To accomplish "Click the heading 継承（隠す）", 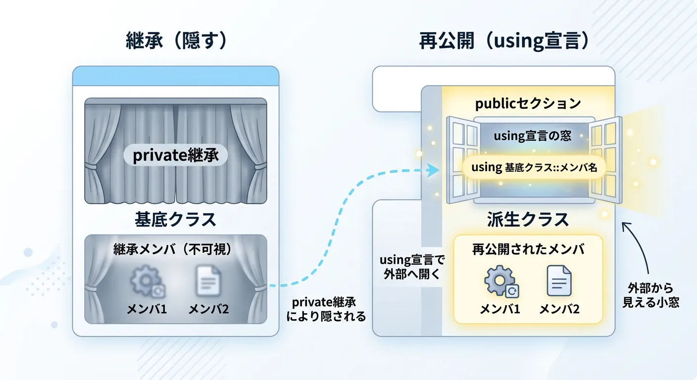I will point(176,41).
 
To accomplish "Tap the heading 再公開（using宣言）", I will point(504,41).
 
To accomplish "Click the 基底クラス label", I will point(176,219).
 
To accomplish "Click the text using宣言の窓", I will point(533,136).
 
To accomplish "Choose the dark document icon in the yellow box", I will point(559,281).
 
